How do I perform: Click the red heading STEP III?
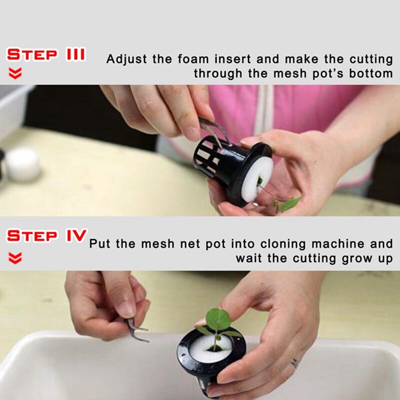(x=46, y=54)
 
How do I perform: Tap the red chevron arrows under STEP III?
(x=16, y=73)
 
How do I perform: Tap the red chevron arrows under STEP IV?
(x=16, y=258)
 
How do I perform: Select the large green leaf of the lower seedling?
(x=218, y=319)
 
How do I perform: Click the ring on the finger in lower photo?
(x=295, y=362)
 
